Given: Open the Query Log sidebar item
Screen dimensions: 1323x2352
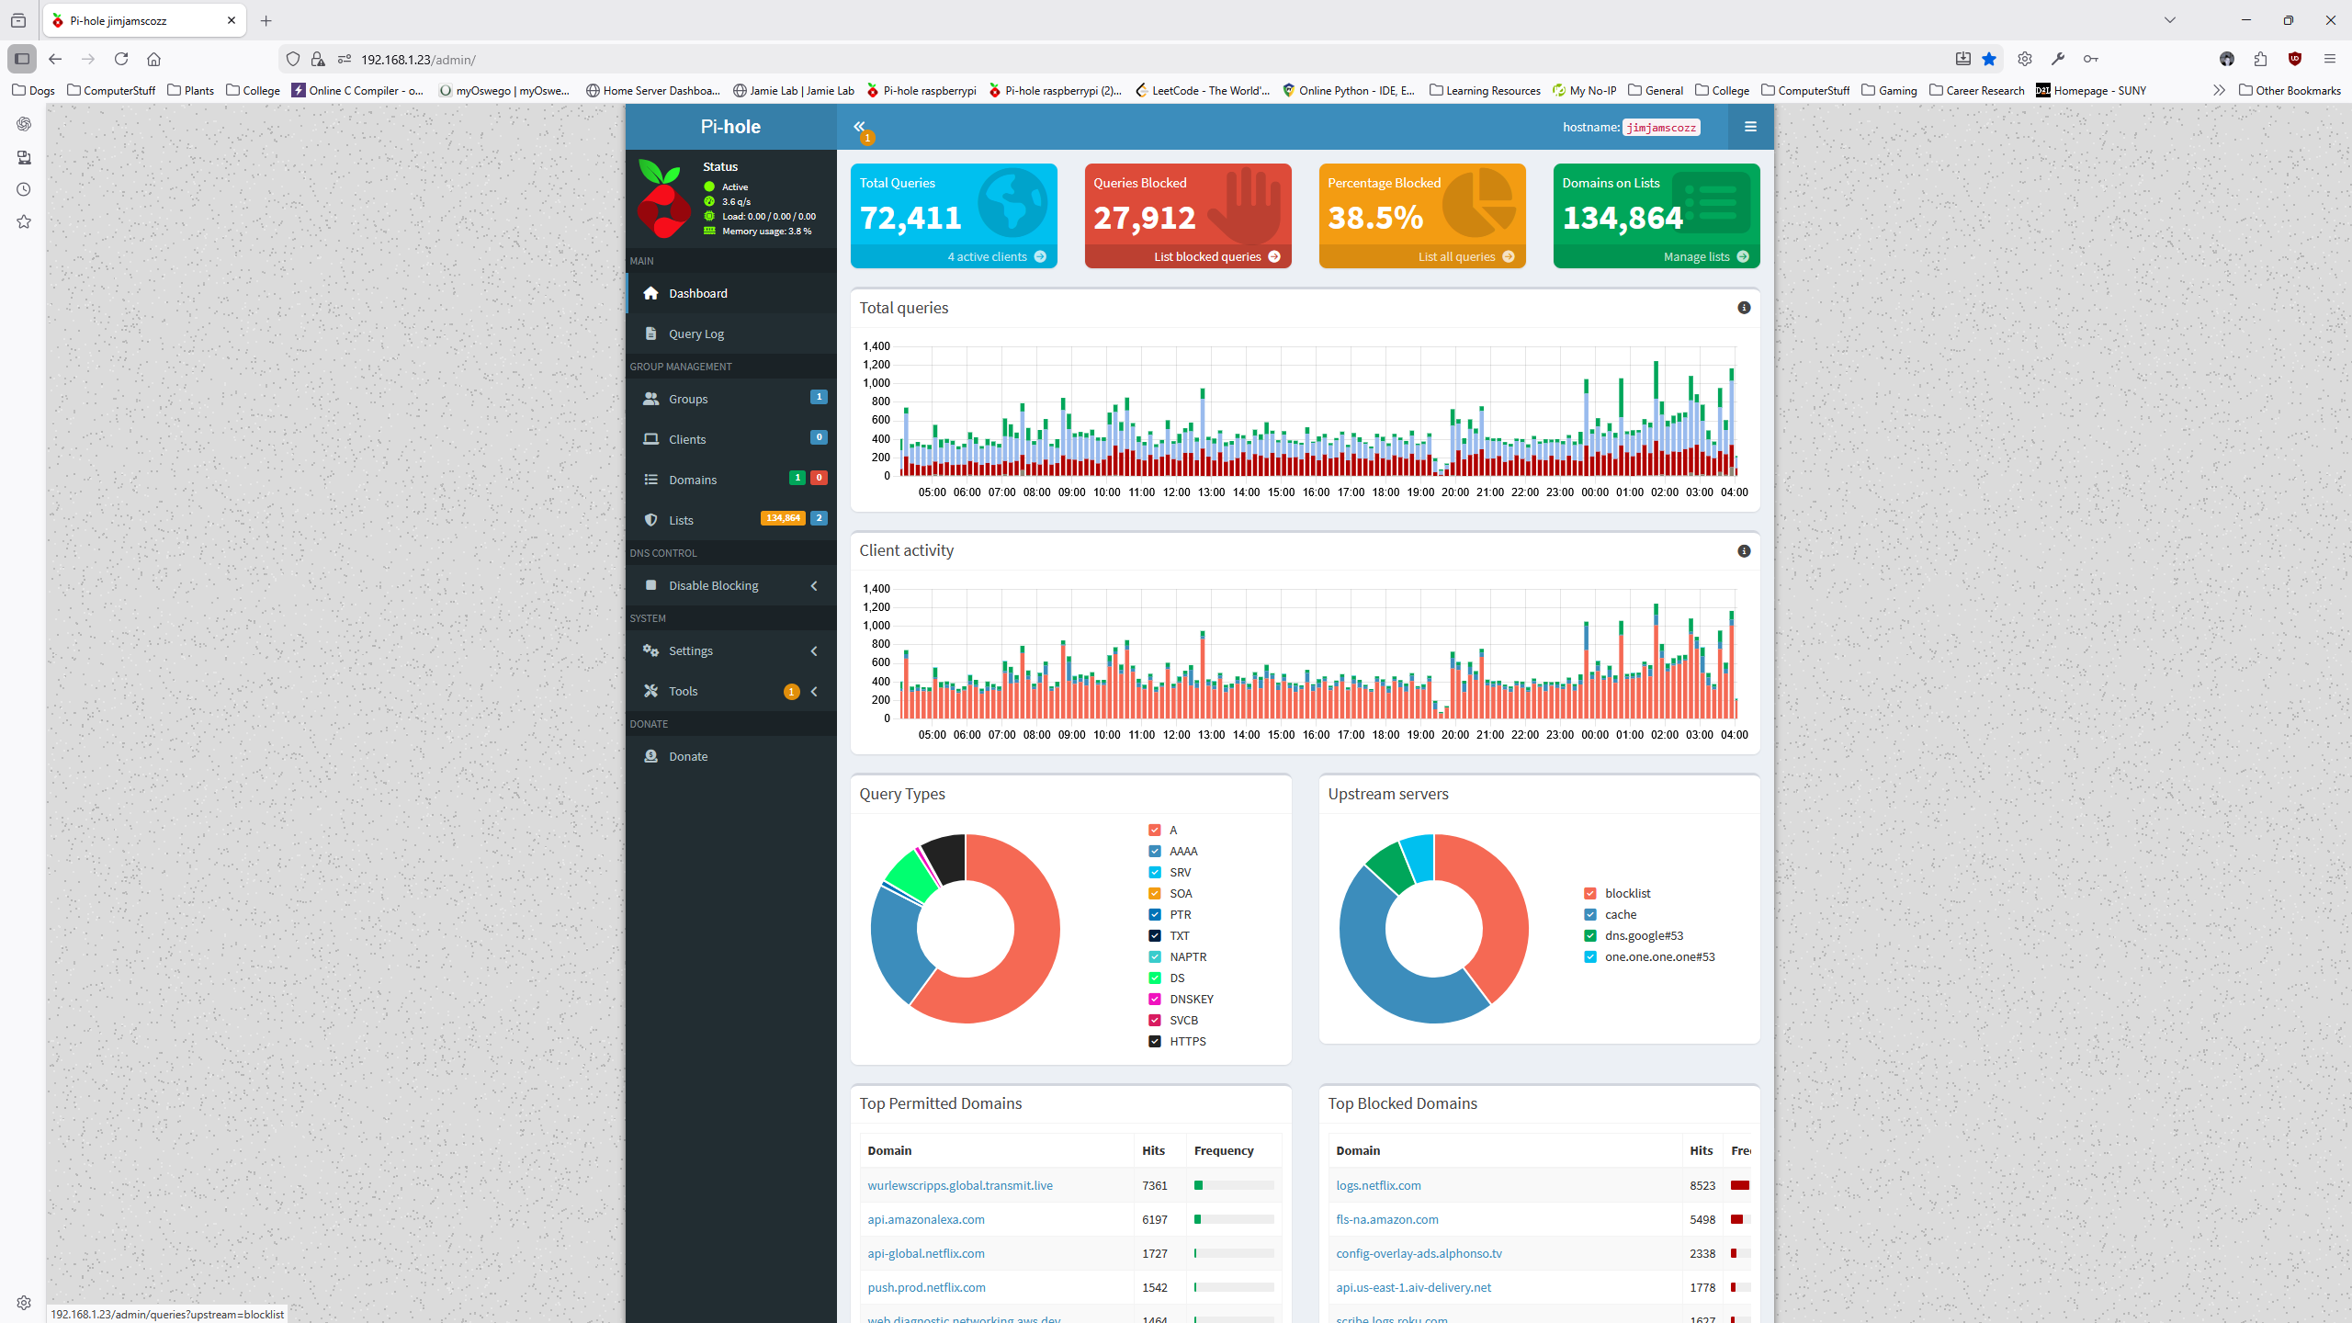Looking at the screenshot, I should [x=695, y=334].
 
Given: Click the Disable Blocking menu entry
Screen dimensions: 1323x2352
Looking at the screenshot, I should [x=713, y=585].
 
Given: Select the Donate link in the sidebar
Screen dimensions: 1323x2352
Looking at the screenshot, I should [x=687, y=756].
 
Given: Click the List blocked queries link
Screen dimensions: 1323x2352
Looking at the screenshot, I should [x=1207, y=256].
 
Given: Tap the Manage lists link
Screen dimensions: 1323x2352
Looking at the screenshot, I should [x=1696, y=256].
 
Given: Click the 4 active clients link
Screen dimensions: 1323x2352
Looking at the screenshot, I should [x=987, y=256].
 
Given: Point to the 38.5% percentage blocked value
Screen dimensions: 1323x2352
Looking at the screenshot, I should [x=1375, y=218].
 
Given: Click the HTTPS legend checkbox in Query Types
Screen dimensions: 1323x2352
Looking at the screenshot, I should [x=1155, y=1041].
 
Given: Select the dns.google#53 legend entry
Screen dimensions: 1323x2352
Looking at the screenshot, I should [x=1644, y=935].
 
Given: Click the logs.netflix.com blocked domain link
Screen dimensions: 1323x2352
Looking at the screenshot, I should [x=1378, y=1185].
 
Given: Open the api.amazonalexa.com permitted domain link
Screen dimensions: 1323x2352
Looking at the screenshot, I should [x=925, y=1219].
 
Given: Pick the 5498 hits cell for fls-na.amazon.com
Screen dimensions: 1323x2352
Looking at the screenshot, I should [x=1702, y=1219].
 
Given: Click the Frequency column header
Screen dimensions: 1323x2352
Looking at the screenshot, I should [x=1223, y=1150].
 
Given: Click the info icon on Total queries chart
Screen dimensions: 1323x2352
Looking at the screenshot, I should [x=1744, y=308].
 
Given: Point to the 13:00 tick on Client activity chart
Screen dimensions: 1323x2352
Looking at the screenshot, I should [x=1211, y=735].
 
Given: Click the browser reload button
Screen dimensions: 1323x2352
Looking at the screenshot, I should [x=121, y=59].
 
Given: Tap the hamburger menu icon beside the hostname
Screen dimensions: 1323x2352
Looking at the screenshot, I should [x=1750, y=127].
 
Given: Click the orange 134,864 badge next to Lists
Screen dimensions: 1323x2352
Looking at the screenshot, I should [x=783, y=518].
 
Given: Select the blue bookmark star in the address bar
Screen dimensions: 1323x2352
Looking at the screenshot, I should [x=1989, y=59].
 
